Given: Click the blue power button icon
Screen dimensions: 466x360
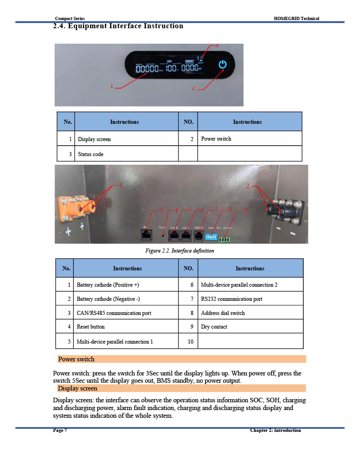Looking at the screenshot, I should click(x=222, y=65).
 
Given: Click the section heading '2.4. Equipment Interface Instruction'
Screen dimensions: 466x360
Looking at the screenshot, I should click(x=118, y=26).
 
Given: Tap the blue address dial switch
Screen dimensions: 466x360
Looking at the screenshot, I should click(x=211, y=237).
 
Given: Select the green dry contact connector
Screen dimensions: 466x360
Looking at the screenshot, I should click(x=224, y=239).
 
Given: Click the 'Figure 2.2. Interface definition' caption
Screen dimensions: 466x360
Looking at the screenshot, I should click(x=180, y=251).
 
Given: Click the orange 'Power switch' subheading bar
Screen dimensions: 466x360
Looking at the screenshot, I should click(x=182, y=359).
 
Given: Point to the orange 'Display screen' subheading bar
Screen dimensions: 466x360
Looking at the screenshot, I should click(x=182, y=388).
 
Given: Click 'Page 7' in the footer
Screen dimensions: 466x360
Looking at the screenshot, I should click(x=60, y=431).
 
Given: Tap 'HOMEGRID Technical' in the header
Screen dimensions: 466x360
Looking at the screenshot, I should click(x=296, y=18).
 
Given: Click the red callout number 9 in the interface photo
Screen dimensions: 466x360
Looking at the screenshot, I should click(x=245, y=209).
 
